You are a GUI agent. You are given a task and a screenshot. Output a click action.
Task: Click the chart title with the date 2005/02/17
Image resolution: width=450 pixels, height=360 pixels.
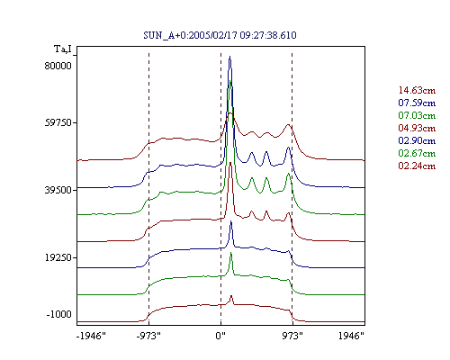pos(220,35)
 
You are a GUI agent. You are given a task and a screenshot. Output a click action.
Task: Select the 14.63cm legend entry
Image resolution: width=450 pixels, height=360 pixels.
pos(417,90)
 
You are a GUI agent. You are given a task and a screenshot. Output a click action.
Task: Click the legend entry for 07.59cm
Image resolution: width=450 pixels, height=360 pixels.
pos(417,103)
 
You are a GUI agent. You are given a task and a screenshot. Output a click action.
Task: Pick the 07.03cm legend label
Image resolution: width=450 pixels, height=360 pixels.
pos(417,115)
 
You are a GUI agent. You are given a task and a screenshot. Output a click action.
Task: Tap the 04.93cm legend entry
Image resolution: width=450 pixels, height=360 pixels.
pos(417,128)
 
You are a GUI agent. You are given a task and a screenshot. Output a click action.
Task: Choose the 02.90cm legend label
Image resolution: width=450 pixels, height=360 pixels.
pos(417,140)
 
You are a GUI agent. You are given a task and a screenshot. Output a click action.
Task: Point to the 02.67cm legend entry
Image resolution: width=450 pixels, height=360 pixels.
pos(417,153)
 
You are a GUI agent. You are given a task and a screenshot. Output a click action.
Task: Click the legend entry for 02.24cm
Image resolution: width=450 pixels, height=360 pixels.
pos(417,166)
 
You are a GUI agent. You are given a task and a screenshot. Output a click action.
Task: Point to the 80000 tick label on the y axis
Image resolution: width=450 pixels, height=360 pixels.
pos(58,66)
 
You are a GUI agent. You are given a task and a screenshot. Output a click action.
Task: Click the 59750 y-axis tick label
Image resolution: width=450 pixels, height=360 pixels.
pos(58,123)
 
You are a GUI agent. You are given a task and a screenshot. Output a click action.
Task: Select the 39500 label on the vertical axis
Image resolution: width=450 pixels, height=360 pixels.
pos(58,190)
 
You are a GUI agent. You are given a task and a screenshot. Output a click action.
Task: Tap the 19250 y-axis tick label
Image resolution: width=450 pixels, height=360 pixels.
pos(58,257)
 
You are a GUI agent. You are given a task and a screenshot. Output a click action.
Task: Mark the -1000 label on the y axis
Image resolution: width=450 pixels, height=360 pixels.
pos(59,314)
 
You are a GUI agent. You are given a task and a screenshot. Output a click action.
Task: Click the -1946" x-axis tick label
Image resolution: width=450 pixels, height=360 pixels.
pos(91,336)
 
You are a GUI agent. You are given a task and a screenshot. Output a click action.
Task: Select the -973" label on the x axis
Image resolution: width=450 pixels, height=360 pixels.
pos(148,336)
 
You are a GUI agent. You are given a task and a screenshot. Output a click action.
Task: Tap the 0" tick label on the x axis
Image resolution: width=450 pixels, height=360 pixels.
pos(220,336)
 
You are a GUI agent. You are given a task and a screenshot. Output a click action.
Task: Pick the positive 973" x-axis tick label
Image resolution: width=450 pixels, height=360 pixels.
pos(292,336)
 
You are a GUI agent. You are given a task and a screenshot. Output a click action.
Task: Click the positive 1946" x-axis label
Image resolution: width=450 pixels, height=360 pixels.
pos(351,336)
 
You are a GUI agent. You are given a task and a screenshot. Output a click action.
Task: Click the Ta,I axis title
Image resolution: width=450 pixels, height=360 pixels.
pos(63,49)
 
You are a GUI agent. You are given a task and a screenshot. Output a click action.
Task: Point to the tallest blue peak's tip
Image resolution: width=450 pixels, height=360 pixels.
pos(230,56)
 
